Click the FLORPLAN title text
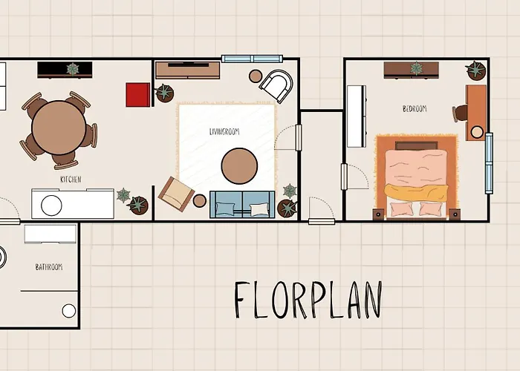click(x=308, y=300)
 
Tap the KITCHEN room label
click(x=71, y=180)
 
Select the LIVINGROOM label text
click(x=224, y=131)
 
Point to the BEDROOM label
click(x=415, y=108)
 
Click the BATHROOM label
click(x=49, y=267)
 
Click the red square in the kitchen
click(x=138, y=95)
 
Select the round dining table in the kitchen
click(x=59, y=128)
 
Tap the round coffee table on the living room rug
click(x=239, y=166)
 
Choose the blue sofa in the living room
click(x=242, y=204)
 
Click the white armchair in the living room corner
click(x=277, y=85)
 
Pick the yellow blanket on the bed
click(x=416, y=192)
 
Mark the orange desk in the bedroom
click(x=476, y=113)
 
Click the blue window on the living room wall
click(x=252, y=59)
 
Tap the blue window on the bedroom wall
click(x=489, y=163)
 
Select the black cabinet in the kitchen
click(x=65, y=70)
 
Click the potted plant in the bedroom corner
click(x=476, y=70)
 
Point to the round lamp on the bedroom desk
click(x=477, y=132)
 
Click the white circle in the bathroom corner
click(x=69, y=311)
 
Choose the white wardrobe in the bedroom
click(x=357, y=116)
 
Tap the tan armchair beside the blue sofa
click(x=176, y=194)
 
